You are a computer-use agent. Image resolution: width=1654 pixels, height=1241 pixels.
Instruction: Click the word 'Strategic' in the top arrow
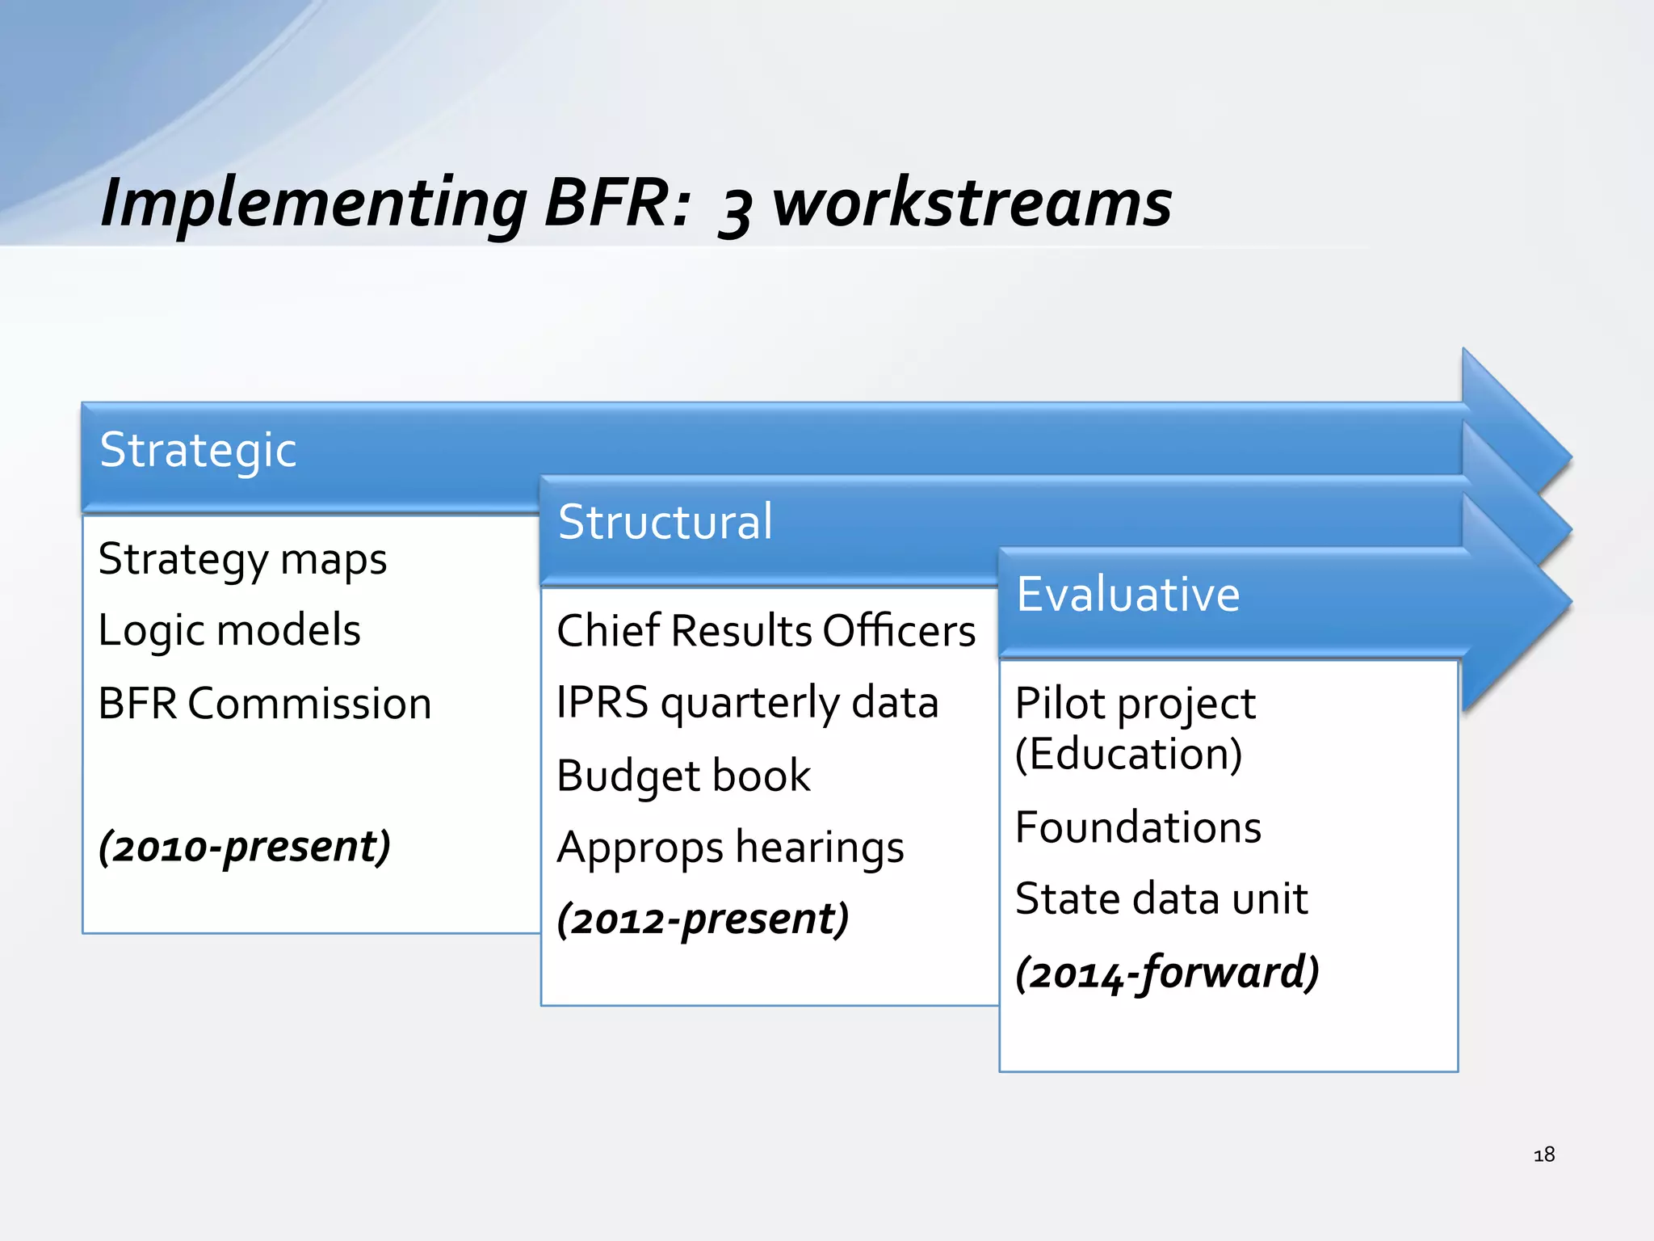(x=198, y=450)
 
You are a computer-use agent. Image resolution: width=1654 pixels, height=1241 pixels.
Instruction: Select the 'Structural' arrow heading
(x=665, y=522)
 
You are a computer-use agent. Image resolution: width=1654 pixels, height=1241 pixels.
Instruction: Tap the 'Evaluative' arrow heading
(x=1127, y=595)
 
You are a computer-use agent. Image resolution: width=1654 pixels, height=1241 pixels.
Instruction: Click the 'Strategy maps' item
(x=242, y=559)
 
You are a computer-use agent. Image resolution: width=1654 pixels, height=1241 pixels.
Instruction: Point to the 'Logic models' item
(x=229, y=630)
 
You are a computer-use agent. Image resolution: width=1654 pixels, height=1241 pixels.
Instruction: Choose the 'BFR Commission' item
(x=265, y=703)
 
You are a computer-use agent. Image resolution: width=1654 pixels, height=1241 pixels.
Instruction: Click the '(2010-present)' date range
(x=245, y=847)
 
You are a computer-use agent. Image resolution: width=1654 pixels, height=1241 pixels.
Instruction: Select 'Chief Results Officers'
(x=766, y=630)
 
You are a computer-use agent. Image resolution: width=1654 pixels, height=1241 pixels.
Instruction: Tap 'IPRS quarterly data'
(x=747, y=702)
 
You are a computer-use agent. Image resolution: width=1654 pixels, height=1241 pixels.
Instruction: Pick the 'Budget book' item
(x=683, y=776)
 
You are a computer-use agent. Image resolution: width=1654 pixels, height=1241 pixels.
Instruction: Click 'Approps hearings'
(x=730, y=848)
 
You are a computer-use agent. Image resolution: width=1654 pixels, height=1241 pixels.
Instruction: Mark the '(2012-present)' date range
(x=703, y=919)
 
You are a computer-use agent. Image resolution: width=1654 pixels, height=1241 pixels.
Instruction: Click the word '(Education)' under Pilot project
(x=1128, y=754)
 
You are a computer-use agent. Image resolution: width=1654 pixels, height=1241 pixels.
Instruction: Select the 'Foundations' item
(x=1138, y=827)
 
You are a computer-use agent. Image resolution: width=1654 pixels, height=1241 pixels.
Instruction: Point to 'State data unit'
(x=1161, y=898)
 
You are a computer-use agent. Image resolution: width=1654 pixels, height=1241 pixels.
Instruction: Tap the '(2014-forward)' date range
(x=1167, y=972)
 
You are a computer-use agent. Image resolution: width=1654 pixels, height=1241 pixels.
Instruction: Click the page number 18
(x=1543, y=1155)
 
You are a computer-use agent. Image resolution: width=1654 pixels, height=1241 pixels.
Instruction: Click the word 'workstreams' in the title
(x=972, y=203)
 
